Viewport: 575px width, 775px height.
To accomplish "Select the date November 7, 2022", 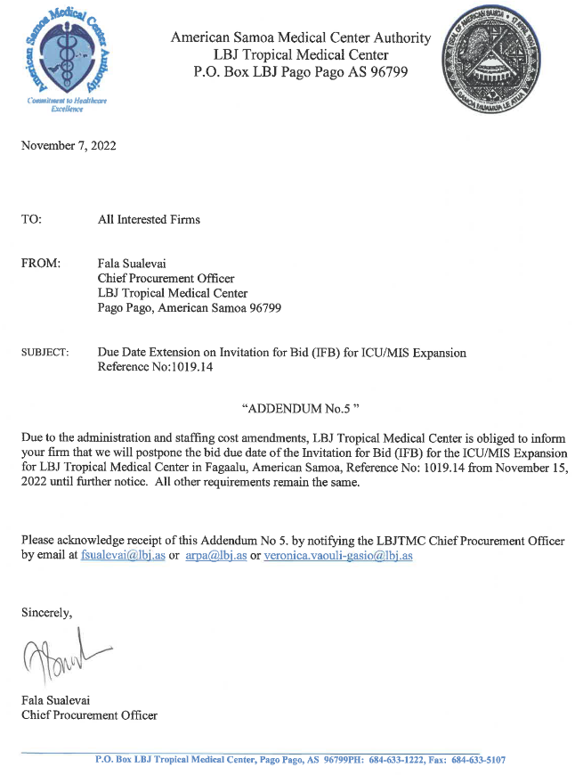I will [x=69, y=145].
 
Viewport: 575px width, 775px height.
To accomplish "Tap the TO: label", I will [x=31, y=219].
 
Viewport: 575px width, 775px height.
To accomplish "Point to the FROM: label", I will [x=41, y=265].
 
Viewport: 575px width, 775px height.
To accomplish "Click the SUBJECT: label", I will [x=45, y=354].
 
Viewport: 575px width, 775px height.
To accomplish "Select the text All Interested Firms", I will [x=149, y=219].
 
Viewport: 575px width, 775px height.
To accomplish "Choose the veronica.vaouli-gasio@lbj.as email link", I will [x=338, y=555].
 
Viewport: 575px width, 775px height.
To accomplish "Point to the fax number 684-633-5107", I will [x=478, y=760].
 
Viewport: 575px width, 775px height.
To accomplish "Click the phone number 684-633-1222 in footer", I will [x=398, y=760].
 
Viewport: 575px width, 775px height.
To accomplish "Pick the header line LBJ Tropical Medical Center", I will [x=301, y=55].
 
